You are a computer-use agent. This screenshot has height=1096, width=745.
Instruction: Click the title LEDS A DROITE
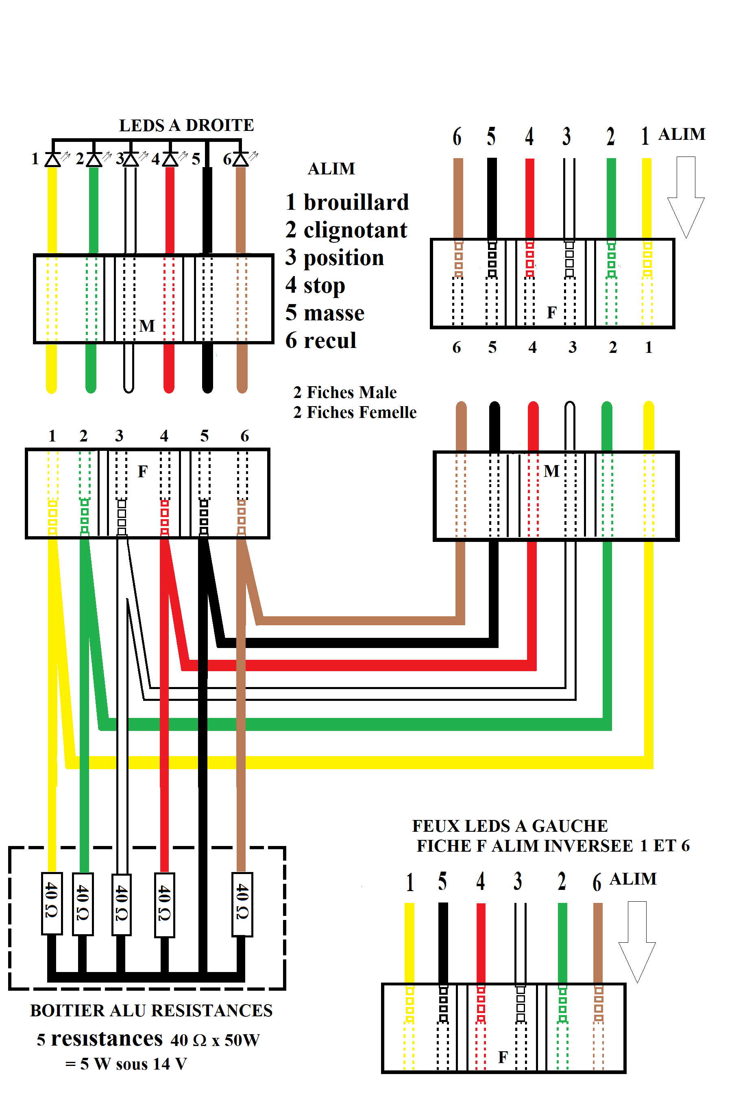point(186,126)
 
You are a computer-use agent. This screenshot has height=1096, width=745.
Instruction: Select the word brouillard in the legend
point(356,203)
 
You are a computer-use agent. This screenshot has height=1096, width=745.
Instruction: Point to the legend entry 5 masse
point(325,313)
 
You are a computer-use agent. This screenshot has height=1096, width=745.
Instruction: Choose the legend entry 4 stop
point(315,285)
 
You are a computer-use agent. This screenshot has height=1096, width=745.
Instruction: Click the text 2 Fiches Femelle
point(355,412)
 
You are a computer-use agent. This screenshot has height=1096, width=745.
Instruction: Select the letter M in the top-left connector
point(147,326)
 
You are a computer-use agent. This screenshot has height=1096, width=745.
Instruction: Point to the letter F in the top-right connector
point(551,313)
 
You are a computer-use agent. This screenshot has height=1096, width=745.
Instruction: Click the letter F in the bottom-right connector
point(503,1058)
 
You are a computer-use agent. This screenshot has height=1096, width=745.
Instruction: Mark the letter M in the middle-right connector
point(551,471)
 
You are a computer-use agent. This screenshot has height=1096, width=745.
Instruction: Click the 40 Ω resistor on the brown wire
point(242,904)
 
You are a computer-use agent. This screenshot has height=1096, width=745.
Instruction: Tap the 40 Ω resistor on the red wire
point(164,904)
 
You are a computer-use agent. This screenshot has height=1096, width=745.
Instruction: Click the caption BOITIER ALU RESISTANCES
point(151,1011)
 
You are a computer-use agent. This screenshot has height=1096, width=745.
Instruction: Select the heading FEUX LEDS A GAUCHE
point(510,826)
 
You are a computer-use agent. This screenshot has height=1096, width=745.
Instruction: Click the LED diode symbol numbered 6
point(241,160)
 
